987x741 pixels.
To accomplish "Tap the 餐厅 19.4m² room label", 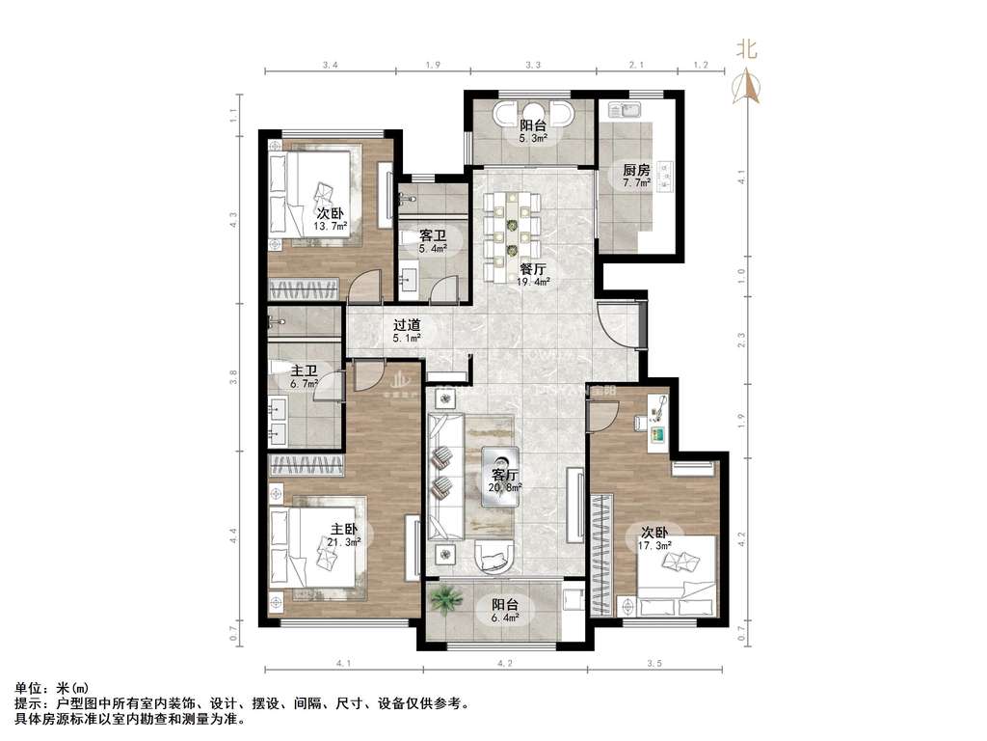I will pyautogui.click(x=533, y=275).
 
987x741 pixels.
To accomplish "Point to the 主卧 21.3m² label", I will pyautogui.click(x=344, y=535).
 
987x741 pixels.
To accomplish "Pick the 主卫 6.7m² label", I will pyautogui.click(x=305, y=375).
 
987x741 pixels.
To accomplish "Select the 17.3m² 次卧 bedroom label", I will pyautogui.click(x=655, y=538).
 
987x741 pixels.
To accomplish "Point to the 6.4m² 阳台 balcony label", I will pyautogui.click(x=505, y=611).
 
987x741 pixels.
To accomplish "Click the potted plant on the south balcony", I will pyautogui.click(x=444, y=600).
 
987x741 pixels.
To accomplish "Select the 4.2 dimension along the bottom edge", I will pyautogui.click(x=505, y=664).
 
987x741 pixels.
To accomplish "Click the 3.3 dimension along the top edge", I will pyautogui.click(x=532, y=65).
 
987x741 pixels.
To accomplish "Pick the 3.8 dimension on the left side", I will pyautogui.click(x=233, y=377).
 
